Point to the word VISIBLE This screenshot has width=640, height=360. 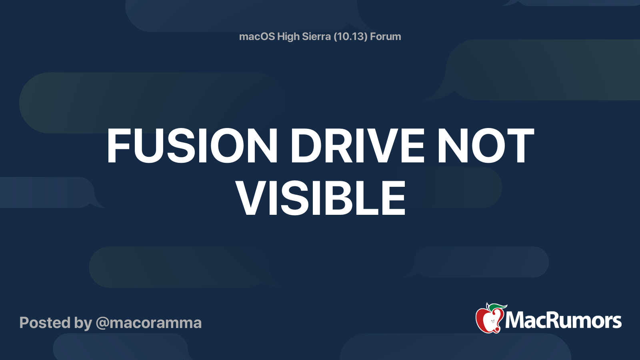coord(321,198)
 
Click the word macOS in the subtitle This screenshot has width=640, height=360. coord(257,37)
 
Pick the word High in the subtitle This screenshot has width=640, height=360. coord(288,37)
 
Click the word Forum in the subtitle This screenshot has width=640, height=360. coord(385,37)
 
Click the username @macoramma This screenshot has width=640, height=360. coord(148,323)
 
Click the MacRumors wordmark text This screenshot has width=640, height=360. coord(563,321)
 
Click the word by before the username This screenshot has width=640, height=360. coord(83,323)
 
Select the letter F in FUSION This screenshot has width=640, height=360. coord(120,146)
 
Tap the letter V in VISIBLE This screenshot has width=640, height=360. coord(251,198)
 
